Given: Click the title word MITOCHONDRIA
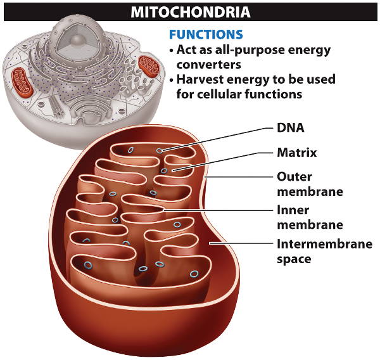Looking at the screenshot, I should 190,11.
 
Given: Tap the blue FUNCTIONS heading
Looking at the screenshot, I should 206,34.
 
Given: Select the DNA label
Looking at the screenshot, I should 291,127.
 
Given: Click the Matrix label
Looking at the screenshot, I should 297,152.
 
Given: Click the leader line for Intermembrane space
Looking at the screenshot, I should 244,243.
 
